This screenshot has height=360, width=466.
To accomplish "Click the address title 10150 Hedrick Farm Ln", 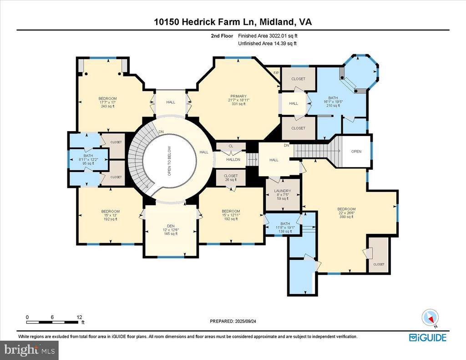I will [x=233, y=22].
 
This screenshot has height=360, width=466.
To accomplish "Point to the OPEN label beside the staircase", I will [x=356, y=152].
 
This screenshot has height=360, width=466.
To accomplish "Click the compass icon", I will [x=430, y=318].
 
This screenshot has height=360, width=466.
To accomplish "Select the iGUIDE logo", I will [x=428, y=337].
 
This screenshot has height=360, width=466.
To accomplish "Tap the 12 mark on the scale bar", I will [x=79, y=317].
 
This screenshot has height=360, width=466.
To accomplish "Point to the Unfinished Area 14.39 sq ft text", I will [x=268, y=44].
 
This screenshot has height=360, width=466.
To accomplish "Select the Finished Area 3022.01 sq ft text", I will [x=268, y=35].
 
